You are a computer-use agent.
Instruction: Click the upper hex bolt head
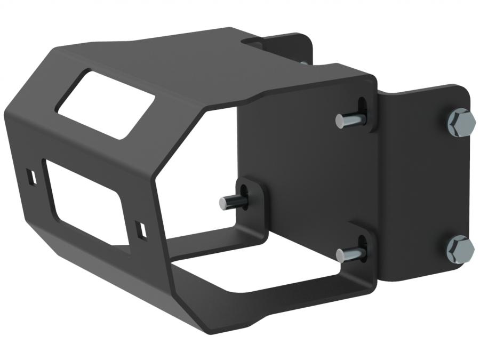click(x=461, y=122)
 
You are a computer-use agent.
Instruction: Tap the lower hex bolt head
click(x=460, y=249)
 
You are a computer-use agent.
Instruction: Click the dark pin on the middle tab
click(x=230, y=202)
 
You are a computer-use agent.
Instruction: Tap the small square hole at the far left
click(x=31, y=177)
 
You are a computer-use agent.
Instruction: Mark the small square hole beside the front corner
click(x=141, y=229)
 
